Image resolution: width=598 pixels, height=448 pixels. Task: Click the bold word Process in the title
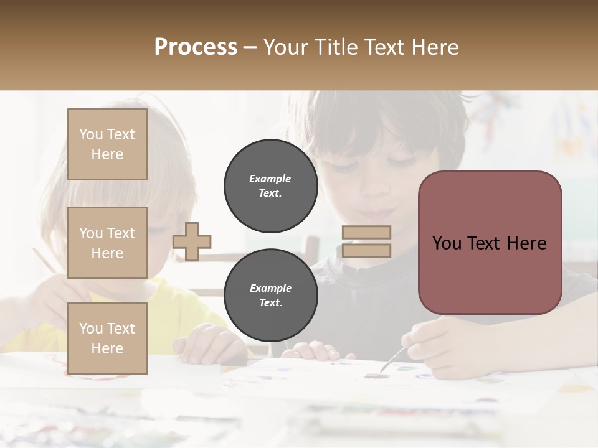[196, 47]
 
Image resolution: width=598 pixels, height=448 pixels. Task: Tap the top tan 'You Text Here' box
[107, 144]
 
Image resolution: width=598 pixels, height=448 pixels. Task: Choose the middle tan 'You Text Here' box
[107, 243]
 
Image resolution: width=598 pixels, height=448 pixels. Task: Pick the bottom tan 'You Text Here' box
[107, 338]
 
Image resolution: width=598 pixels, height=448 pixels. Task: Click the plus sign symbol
[192, 241]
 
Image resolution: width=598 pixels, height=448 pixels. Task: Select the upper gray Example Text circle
[270, 185]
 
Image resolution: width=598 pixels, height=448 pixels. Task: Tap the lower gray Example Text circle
[270, 295]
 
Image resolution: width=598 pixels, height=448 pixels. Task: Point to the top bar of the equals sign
[366, 232]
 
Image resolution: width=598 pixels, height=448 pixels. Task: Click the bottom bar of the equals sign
[366, 250]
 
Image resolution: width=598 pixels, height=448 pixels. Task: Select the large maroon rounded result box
[490, 243]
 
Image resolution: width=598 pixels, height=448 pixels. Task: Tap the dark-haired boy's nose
[373, 187]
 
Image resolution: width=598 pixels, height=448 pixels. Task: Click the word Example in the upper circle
[270, 179]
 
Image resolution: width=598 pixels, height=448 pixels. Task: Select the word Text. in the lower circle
[270, 302]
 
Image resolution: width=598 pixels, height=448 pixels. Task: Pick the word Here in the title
[435, 47]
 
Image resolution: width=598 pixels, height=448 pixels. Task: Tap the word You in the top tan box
[91, 134]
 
